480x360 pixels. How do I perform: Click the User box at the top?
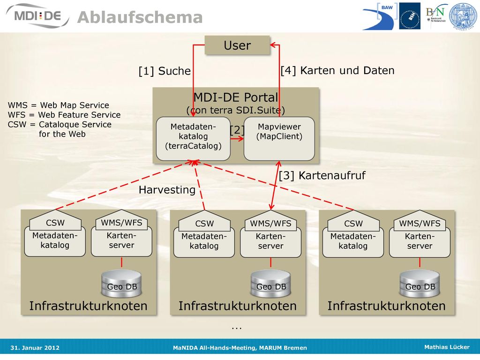point(237,45)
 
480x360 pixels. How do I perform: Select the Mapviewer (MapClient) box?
point(279,139)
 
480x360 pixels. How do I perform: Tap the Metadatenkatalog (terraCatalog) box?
point(193,139)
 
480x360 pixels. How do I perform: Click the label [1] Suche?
point(165,71)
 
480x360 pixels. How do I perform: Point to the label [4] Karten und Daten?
point(337,70)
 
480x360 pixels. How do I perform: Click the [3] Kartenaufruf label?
point(322,176)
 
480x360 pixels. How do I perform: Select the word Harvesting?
point(167,190)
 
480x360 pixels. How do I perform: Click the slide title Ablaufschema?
point(140,17)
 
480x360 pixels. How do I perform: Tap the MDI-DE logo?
point(37,16)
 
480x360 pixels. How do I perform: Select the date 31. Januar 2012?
point(35,348)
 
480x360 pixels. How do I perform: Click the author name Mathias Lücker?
point(447,347)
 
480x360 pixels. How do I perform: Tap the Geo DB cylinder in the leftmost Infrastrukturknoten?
point(121,284)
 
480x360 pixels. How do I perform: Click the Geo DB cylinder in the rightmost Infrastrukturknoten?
point(420,284)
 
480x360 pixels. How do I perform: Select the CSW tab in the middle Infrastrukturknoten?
point(204,222)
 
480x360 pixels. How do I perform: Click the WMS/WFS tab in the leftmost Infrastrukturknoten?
point(121,221)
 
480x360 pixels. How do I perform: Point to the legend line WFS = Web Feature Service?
point(64,115)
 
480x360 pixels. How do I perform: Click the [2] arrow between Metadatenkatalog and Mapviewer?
point(237,139)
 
